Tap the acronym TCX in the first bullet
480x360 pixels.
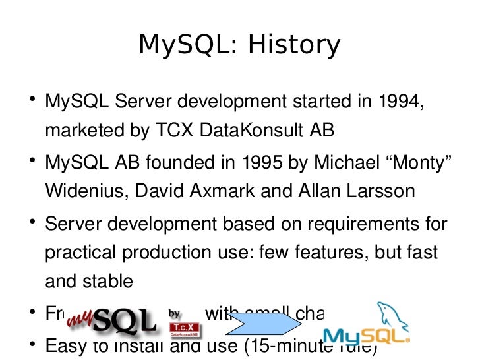pyautogui.click(x=174, y=131)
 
